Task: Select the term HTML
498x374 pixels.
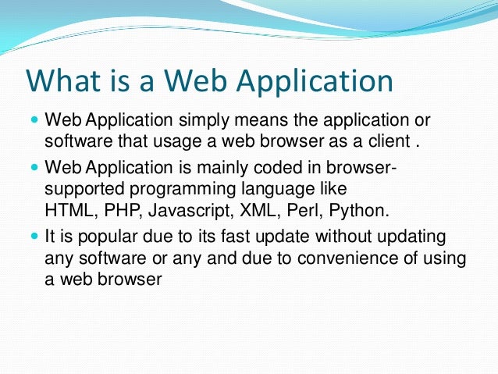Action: coord(66,211)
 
